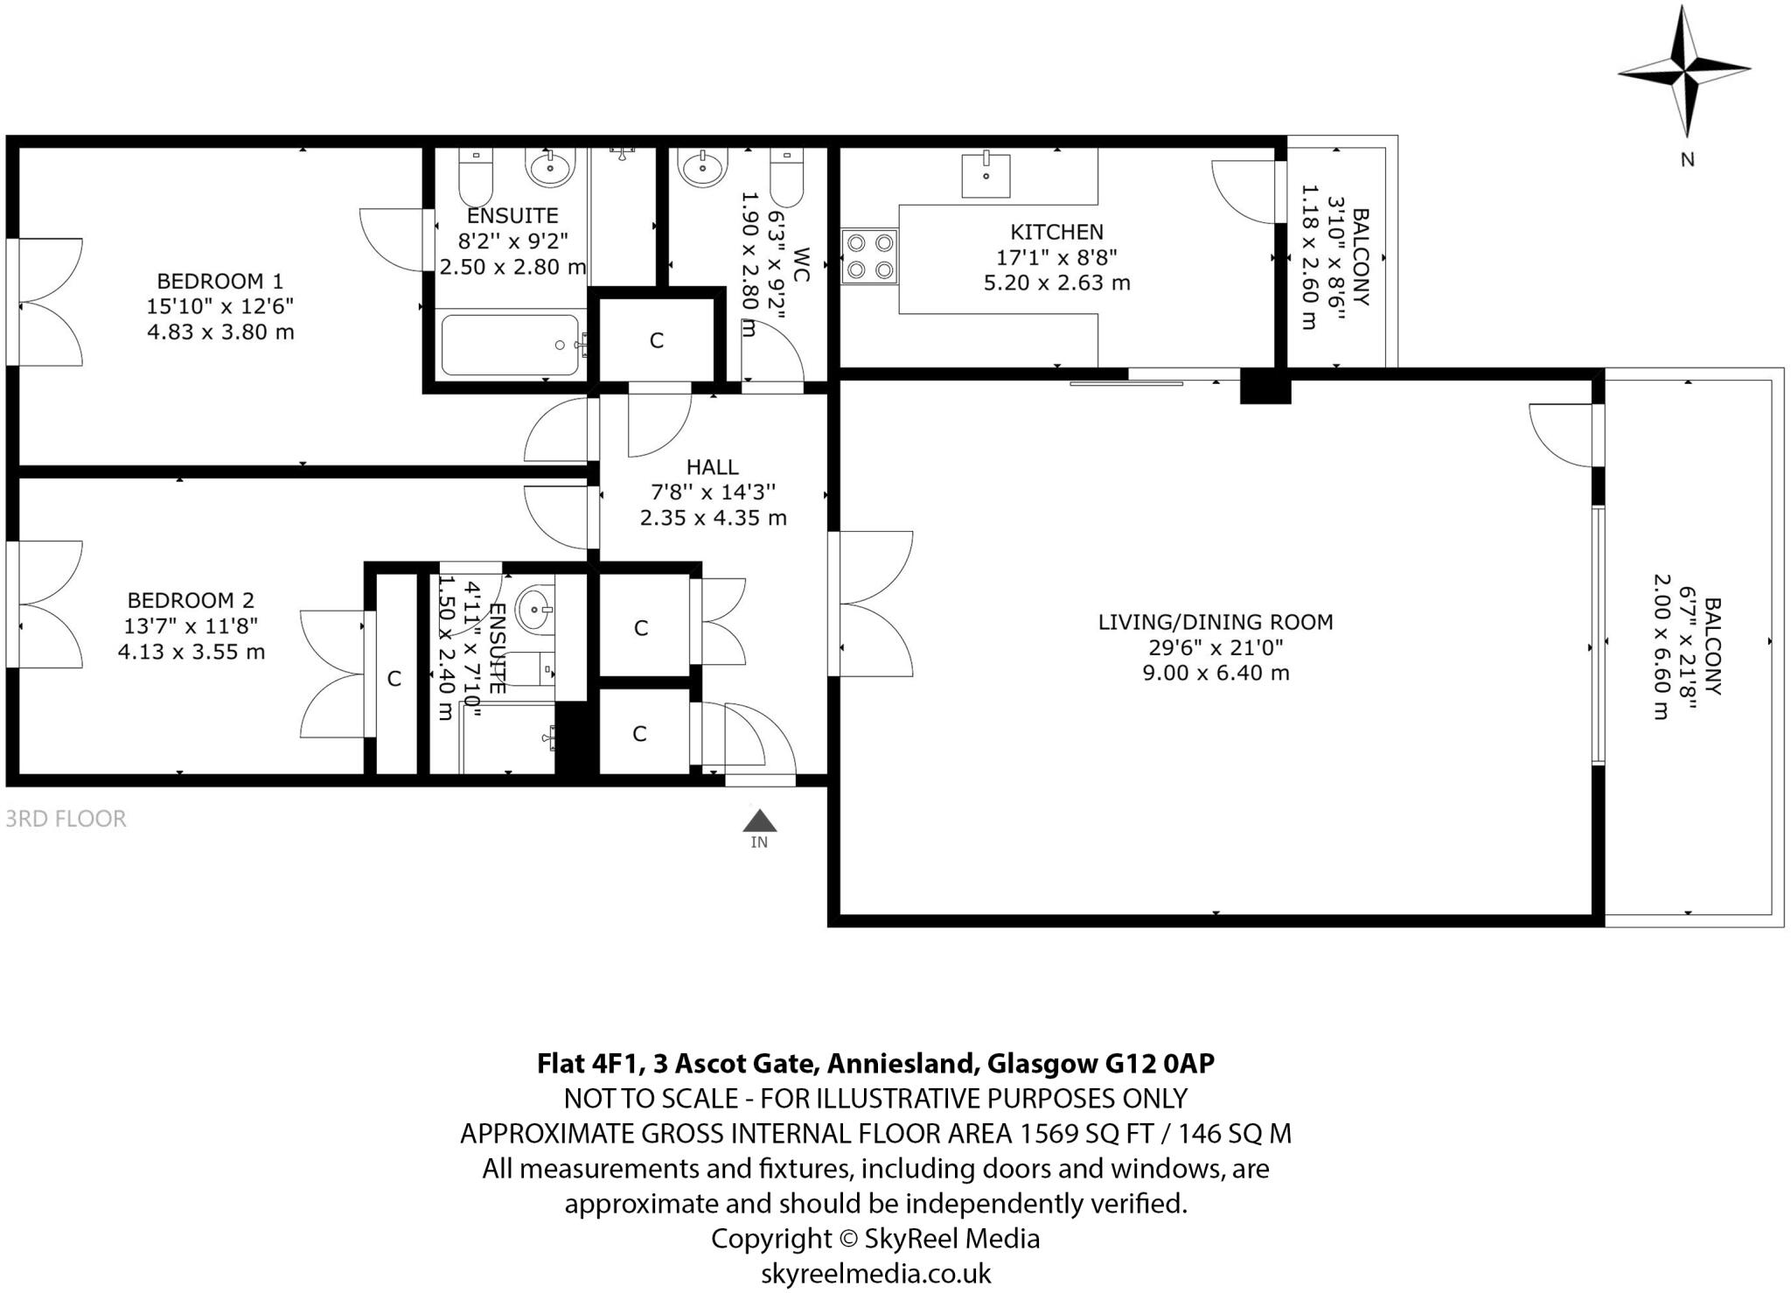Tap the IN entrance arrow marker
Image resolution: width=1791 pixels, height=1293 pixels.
coord(759,822)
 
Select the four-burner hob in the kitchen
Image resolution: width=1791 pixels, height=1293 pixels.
coord(869,256)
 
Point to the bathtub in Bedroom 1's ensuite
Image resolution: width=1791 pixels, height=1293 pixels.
coord(510,345)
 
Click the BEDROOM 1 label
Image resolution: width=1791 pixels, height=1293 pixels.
coord(220,281)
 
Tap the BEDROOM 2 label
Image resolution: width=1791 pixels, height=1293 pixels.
coord(191,600)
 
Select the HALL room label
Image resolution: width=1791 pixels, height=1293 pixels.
coord(712,467)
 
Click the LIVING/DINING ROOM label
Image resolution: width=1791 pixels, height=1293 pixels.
coord(1216,622)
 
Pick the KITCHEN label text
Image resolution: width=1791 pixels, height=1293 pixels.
coord(1056,232)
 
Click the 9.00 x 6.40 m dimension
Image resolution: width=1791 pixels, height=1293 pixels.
coord(1216,673)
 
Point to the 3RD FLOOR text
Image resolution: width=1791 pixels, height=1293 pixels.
coord(66,819)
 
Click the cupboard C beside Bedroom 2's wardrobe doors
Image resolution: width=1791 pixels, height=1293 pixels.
coord(394,678)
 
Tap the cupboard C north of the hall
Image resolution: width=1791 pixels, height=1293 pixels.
coord(657,340)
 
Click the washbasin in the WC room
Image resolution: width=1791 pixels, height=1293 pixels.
coord(703,167)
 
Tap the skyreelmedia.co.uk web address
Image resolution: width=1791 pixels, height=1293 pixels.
coord(875,1273)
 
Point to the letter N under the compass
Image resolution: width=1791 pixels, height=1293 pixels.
coord(1687,159)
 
